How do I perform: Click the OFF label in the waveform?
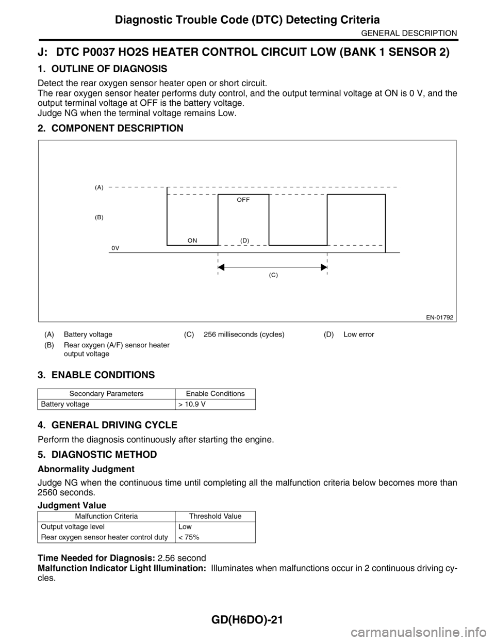click(243, 199)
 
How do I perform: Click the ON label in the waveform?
click(192, 241)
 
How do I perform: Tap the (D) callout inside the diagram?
click(245, 241)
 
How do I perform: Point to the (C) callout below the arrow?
click(273, 276)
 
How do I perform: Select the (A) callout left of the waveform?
click(99, 188)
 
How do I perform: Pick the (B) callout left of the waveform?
click(99, 217)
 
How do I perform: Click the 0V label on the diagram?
click(115, 248)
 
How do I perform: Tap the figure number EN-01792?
click(439, 317)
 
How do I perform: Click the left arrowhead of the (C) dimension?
click(221, 267)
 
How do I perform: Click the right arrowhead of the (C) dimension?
click(324, 267)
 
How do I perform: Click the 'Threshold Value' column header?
click(215, 516)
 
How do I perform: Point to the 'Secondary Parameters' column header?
click(107, 394)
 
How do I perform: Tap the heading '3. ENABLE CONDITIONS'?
click(96, 374)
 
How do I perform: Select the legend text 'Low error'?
click(359, 334)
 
